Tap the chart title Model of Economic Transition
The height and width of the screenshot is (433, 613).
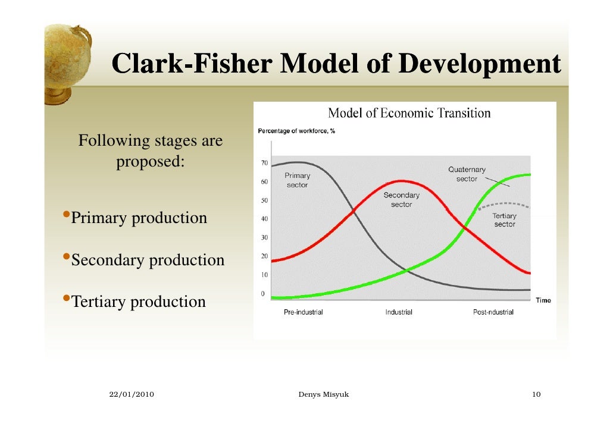click(x=409, y=112)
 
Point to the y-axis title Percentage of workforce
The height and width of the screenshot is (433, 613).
click(x=296, y=131)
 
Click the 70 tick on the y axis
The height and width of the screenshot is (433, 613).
click(x=262, y=162)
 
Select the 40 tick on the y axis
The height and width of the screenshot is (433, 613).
click(x=262, y=218)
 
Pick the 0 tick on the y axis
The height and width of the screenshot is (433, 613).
click(x=262, y=293)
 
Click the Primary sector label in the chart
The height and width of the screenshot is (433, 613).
click(x=297, y=180)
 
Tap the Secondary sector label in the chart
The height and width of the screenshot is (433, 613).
click(x=401, y=200)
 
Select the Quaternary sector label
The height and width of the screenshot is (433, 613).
click(x=467, y=174)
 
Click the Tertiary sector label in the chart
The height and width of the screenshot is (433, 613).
click(x=504, y=220)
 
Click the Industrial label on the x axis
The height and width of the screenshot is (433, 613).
click(x=399, y=312)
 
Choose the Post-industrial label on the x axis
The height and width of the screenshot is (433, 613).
click(x=493, y=312)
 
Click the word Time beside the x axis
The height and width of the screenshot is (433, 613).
click(x=543, y=300)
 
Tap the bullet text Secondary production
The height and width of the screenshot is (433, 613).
click(x=148, y=260)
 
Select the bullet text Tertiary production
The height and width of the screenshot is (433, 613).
click(x=138, y=302)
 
